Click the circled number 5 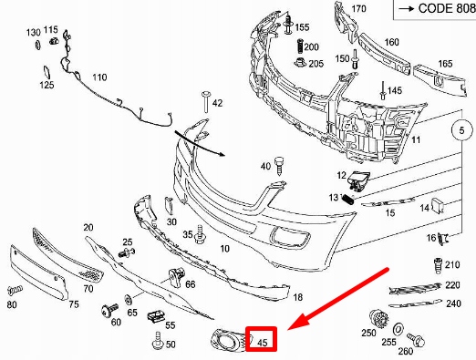(461, 130)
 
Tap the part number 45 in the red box (262, 343)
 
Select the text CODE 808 (447, 8)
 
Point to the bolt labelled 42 (206, 101)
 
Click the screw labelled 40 (278, 166)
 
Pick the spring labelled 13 (347, 200)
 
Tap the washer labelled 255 (398, 329)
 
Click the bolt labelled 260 (416, 339)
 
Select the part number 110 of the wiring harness (99, 77)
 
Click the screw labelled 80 (15, 290)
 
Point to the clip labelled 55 (156, 316)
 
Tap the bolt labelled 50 (159, 340)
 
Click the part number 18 (298, 297)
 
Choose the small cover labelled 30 (169, 205)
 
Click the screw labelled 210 (438, 265)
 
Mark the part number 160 (391, 42)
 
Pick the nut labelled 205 (301, 62)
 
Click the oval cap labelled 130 (37, 45)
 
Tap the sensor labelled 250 (379, 319)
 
